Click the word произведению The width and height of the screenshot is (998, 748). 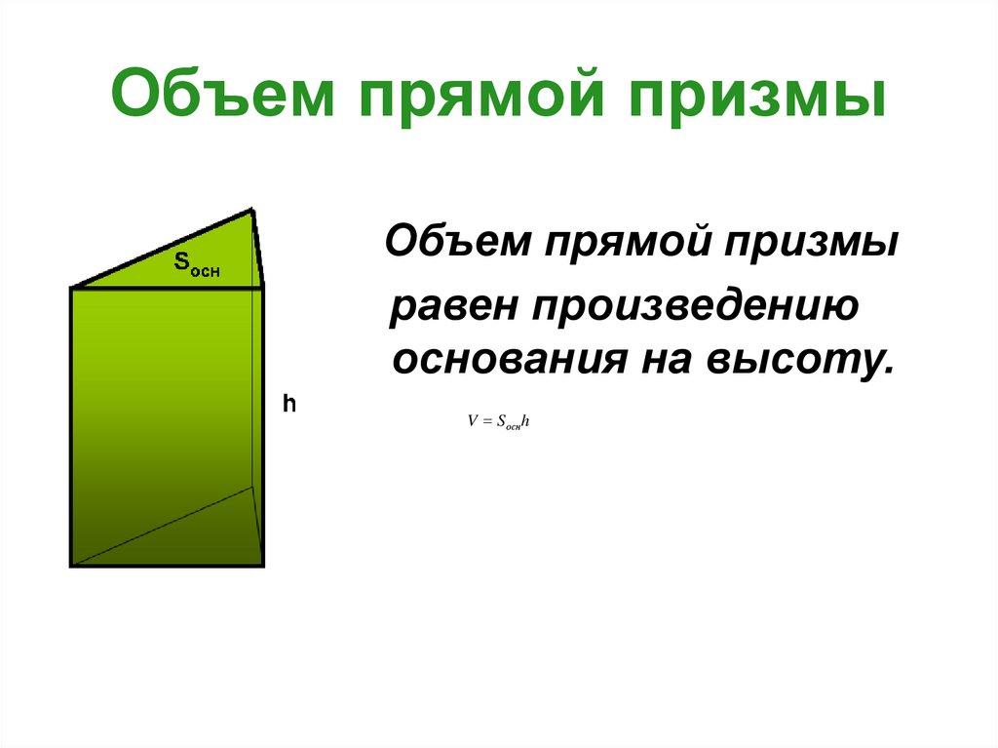click(694, 307)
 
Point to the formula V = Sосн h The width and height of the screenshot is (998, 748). click(497, 422)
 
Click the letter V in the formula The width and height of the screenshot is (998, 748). click(472, 422)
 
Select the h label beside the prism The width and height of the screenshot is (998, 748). click(288, 403)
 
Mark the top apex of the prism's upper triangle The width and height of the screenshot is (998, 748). click(254, 210)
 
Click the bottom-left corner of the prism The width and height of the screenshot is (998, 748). click(72, 565)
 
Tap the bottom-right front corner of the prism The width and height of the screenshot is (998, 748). click(262, 564)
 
